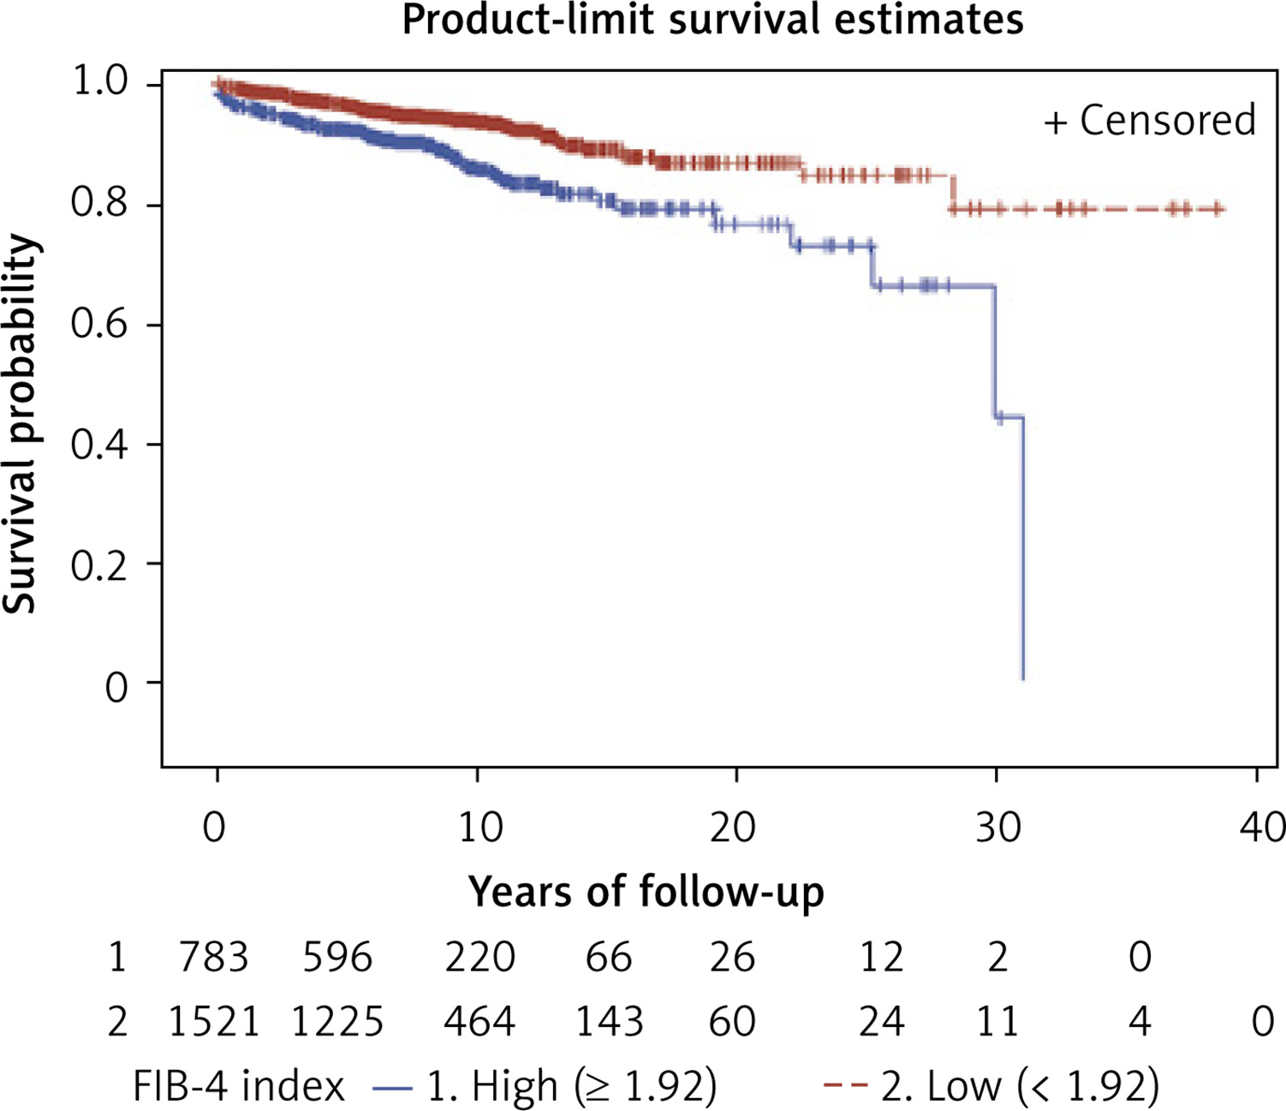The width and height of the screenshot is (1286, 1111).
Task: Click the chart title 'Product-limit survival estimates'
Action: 713,20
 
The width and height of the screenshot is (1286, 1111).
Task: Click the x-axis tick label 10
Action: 479,827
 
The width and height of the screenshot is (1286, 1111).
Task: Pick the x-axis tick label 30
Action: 998,827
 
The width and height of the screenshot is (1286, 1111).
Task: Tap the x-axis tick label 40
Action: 1262,827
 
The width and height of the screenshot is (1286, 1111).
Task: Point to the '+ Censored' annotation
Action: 1150,120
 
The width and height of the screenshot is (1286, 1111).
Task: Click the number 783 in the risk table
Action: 214,957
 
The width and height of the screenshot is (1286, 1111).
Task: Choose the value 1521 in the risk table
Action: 214,1021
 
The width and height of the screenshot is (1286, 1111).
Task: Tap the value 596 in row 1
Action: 337,957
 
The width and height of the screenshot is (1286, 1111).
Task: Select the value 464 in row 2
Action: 479,1021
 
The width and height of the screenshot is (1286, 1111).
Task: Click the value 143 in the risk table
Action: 609,1021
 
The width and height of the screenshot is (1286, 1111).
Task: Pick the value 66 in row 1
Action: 609,957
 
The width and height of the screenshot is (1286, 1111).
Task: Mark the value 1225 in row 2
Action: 337,1021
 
